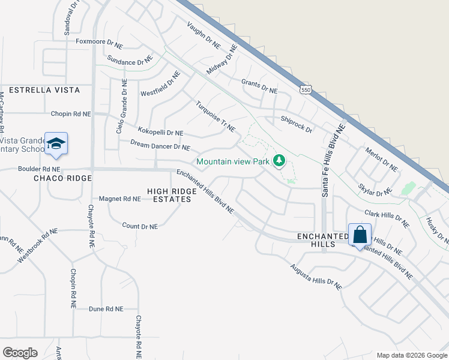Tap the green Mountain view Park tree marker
click(x=279, y=161)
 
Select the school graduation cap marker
click(x=56, y=143)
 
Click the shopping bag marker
click(x=360, y=235)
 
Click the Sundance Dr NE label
click(x=130, y=61)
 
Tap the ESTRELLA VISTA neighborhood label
click(x=40, y=90)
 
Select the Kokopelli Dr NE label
click(x=160, y=132)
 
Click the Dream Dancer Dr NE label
click(x=160, y=146)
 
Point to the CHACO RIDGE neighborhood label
click(x=62, y=178)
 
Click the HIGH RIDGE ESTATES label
click(x=170, y=195)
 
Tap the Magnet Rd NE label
click(x=119, y=199)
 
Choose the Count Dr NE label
click(x=139, y=226)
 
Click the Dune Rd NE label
click(x=106, y=308)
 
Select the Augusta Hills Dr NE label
click(x=316, y=277)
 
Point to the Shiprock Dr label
click(x=297, y=124)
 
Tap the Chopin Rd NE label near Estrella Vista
click(x=70, y=113)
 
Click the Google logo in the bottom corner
click(x=20, y=353)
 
